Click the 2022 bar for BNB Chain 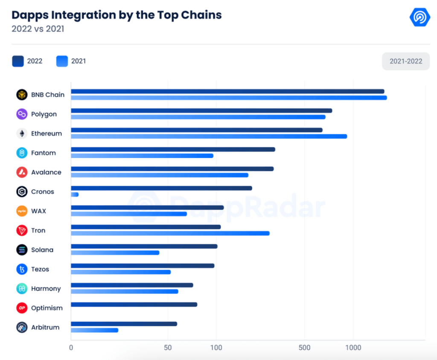tap(227, 91)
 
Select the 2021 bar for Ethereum tap(209, 136)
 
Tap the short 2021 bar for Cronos tap(75, 194)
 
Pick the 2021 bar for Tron tap(170, 233)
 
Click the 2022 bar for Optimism tap(134, 304)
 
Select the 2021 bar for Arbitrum tap(94, 330)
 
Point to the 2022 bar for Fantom tap(173, 149)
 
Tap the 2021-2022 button tap(405, 61)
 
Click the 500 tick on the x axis tap(305, 348)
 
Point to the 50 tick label tap(168, 348)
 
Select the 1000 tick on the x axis tap(353, 348)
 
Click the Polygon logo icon tap(22, 114)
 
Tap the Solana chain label tap(42, 250)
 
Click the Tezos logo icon tap(22, 269)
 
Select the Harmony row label tap(46, 289)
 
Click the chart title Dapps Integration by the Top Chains tap(117, 15)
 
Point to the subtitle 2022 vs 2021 tap(38, 29)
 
